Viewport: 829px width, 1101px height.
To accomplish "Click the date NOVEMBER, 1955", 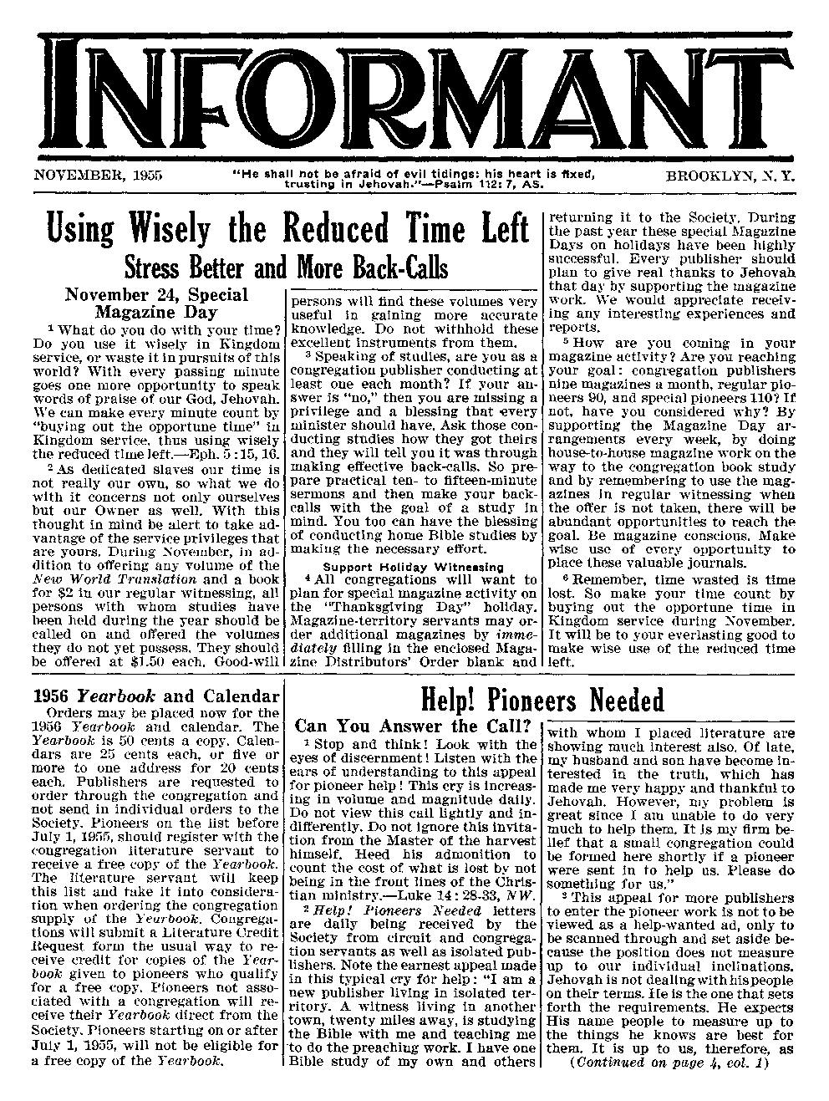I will pos(98,176).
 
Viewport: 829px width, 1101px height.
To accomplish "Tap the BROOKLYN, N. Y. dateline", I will pos(730,176).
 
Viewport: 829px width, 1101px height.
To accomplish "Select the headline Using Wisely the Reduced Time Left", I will pos(288,227).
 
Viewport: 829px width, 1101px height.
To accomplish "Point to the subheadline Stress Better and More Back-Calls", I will pos(286,268).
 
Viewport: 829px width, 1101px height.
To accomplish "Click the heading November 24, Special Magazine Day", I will pos(156,303).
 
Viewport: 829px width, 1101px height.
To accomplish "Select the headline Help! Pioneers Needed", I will pos(542,698).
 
